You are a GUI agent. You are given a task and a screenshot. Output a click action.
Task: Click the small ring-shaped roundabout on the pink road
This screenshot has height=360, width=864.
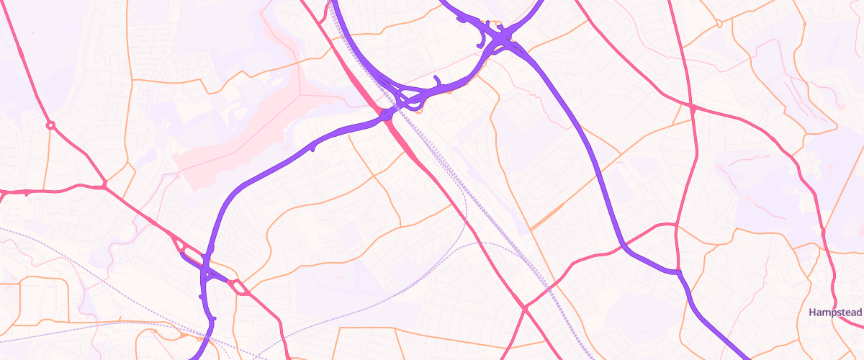(50, 125)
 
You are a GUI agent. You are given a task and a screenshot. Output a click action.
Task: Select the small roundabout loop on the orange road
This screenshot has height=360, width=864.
(719, 24)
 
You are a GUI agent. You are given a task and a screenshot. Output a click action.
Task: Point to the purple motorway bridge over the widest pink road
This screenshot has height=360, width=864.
(387, 114)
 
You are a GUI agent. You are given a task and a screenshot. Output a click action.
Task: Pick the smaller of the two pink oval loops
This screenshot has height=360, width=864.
(240, 288)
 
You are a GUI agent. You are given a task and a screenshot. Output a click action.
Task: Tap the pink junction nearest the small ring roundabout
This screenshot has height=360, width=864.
(104, 185)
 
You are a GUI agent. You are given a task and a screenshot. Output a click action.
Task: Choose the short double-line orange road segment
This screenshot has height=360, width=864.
(547, 216)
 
